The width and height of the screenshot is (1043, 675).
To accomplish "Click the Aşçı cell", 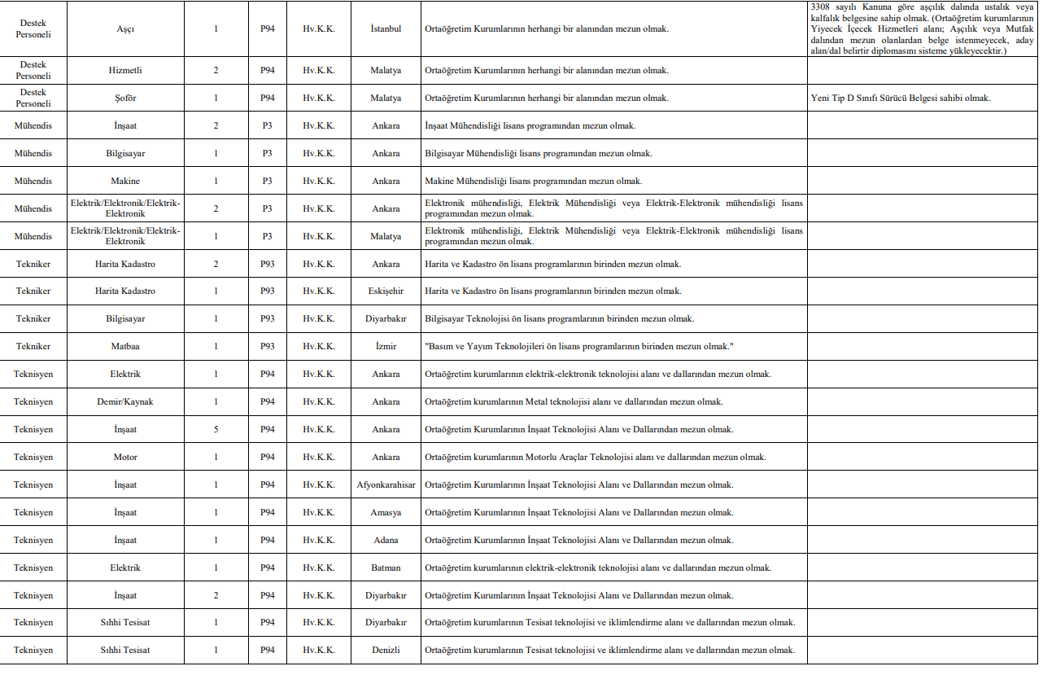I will (125, 29).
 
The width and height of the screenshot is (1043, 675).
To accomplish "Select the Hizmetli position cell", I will (125, 71).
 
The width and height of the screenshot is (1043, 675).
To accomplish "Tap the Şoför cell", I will (125, 99).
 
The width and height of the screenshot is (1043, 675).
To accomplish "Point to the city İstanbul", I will (386, 29).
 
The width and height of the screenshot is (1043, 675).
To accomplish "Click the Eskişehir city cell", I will (386, 291).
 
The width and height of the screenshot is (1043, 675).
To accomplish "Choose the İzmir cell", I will (386, 347).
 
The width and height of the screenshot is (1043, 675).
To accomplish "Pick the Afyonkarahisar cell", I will (386, 485).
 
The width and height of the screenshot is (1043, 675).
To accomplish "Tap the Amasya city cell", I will (386, 513).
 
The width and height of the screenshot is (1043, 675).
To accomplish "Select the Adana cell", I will (386, 541).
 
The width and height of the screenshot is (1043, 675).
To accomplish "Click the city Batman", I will (386, 568).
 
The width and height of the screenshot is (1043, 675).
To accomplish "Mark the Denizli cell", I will (386, 651).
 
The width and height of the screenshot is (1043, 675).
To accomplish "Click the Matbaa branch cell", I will (125, 347).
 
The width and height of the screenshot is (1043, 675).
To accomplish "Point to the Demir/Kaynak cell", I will (125, 402).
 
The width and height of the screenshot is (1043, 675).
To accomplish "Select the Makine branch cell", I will (125, 182).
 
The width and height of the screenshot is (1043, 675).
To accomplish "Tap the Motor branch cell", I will (125, 458).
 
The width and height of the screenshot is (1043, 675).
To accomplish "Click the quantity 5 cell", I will (216, 430).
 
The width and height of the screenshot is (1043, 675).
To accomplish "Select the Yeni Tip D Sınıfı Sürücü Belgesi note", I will (900, 99).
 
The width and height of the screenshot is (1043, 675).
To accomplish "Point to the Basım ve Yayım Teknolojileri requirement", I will (579, 347).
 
